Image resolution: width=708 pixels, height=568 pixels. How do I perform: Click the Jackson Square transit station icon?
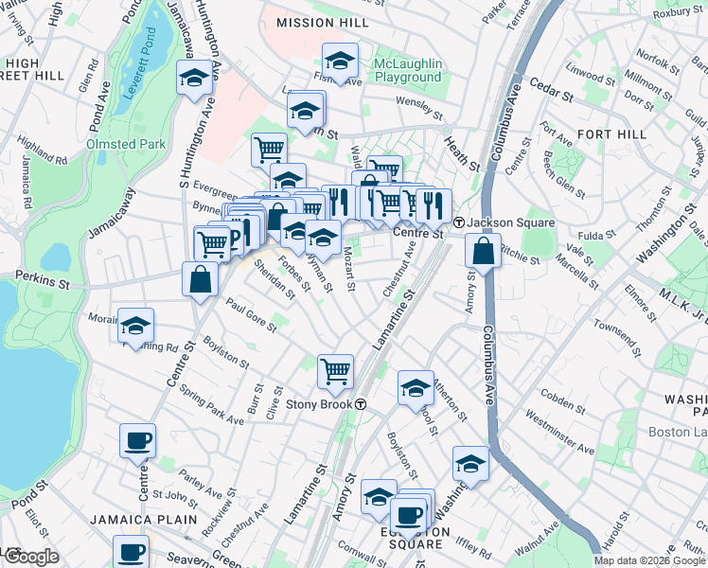pyautogui.click(x=458, y=222)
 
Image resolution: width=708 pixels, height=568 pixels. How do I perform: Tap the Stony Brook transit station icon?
pyautogui.click(x=361, y=404)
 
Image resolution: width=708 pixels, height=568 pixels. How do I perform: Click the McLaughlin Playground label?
pyautogui.click(x=407, y=70)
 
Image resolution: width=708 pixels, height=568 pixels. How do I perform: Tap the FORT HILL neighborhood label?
pyautogui.click(x=606, y=134)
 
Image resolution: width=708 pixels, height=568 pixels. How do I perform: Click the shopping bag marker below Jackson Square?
pyautogui.click(x=483, y=252)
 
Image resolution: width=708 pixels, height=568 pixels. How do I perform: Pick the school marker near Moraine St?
pyautogui.click(x=135, y=327)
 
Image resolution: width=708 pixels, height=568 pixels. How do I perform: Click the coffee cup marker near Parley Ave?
pyautogui.click(x=138, y=440)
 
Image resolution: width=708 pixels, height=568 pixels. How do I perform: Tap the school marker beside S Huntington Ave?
pyautogui.click(x=194, y=80)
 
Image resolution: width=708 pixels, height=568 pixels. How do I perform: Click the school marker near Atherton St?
pyautogui.click(x=416, y=388)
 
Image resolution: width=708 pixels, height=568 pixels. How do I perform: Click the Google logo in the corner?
pyautogui.click(x=30, y=558)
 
